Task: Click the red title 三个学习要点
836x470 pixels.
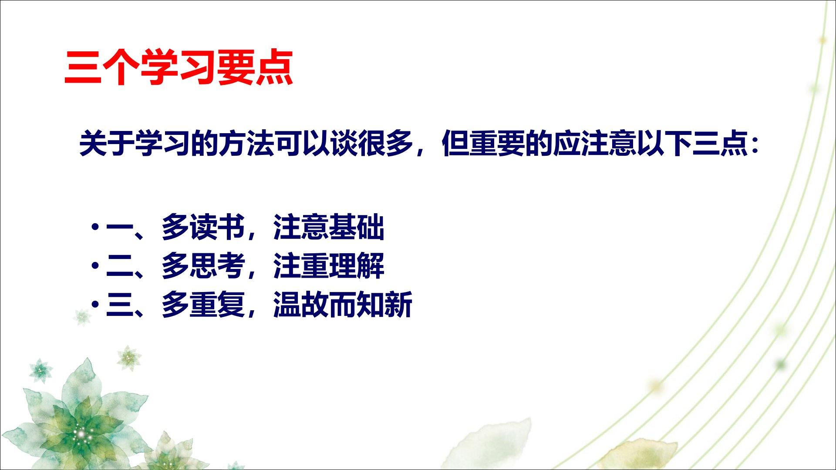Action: [179, 68]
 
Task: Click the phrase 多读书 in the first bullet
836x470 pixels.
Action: [203, 227]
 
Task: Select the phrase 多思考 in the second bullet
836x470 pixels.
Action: [203, 265]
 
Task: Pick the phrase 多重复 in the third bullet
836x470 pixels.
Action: [203, 304]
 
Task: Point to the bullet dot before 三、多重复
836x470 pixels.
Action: [95, 304]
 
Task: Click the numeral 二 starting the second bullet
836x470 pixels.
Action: [120, 265]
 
